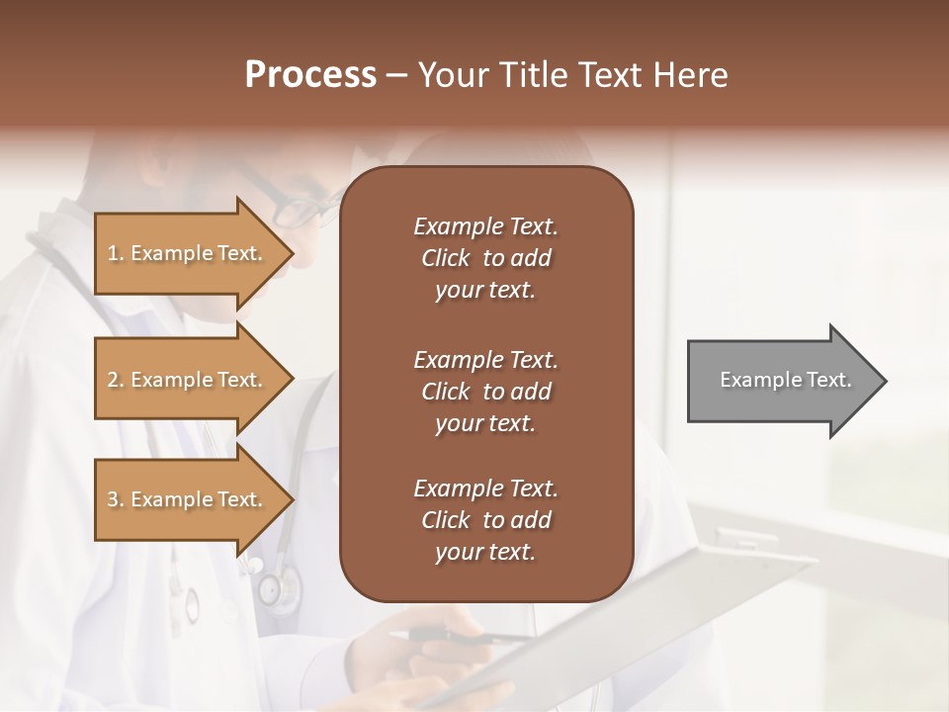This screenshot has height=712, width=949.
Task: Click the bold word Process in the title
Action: (x=310, y=75)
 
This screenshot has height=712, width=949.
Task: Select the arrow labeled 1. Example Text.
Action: (x=188, y=253)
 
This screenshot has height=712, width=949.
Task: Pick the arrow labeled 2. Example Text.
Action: (x=188, y=380)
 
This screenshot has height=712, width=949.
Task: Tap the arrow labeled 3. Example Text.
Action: (x=188, y=499)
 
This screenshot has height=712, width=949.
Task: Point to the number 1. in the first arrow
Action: (x=116, y=253)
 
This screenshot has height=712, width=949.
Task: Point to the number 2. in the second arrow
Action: (x=116, y=380)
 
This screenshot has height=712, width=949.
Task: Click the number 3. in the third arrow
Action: (x=116, y=499)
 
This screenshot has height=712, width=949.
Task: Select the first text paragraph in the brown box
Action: (x=485, y=258)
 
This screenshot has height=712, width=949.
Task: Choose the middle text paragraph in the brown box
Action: (x=485, y=392)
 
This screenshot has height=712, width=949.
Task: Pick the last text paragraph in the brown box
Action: (x=485, y=520)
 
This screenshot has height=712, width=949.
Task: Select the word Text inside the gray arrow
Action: (x=828, y=380)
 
